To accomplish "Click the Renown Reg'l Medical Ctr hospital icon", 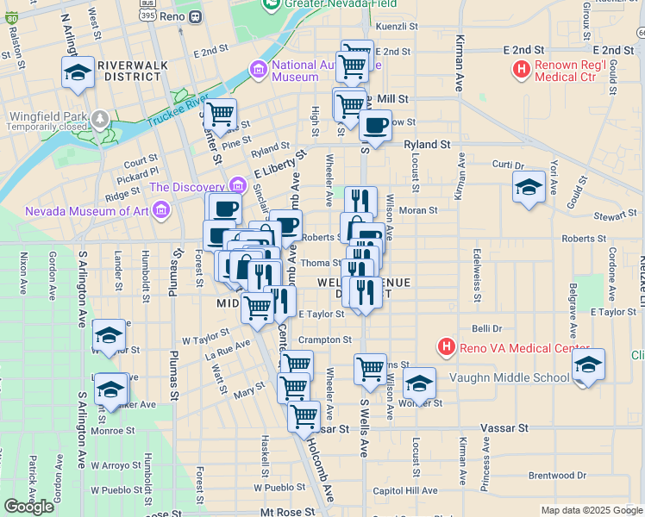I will pos(522,69).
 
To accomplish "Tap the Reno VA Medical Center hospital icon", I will pos(447,347).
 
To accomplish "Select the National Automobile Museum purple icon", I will pos(258,67).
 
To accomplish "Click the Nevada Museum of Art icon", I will pos(160,209).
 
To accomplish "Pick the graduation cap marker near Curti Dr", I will pos(529,186).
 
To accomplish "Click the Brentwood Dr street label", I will pos(557,475).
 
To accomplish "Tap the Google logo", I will pos(28,506).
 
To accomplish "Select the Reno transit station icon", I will pos(195,16).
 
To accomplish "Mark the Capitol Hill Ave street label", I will pos(405,490).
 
